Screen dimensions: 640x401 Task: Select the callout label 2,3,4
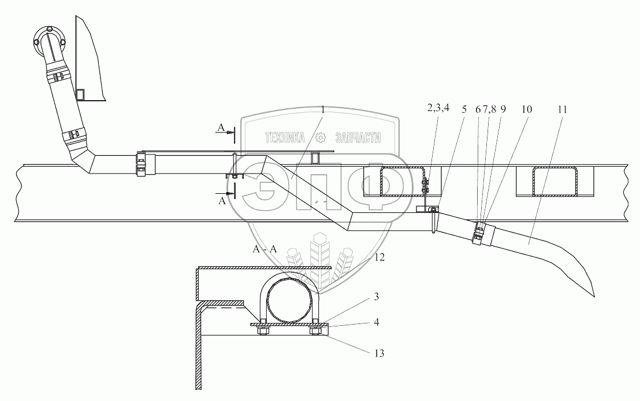pyautogui.click(x=438, y=108)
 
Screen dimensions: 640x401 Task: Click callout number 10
pyautogui.click(x=526, y=108)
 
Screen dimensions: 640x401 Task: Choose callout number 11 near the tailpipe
pyautogui.click(x=562, y=108)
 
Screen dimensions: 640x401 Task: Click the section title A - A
pyautogui.click(x=265, y=250)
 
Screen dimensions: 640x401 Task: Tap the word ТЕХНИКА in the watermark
pyautogui.click(x=285, y=138)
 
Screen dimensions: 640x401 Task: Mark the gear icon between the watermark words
pyautogui.click(x=322, y=138)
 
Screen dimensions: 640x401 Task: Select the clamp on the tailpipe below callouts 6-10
pyautogui.click(x=479, y=233)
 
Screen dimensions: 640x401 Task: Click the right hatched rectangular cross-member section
pyautogui.click(x=556, y=181)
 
